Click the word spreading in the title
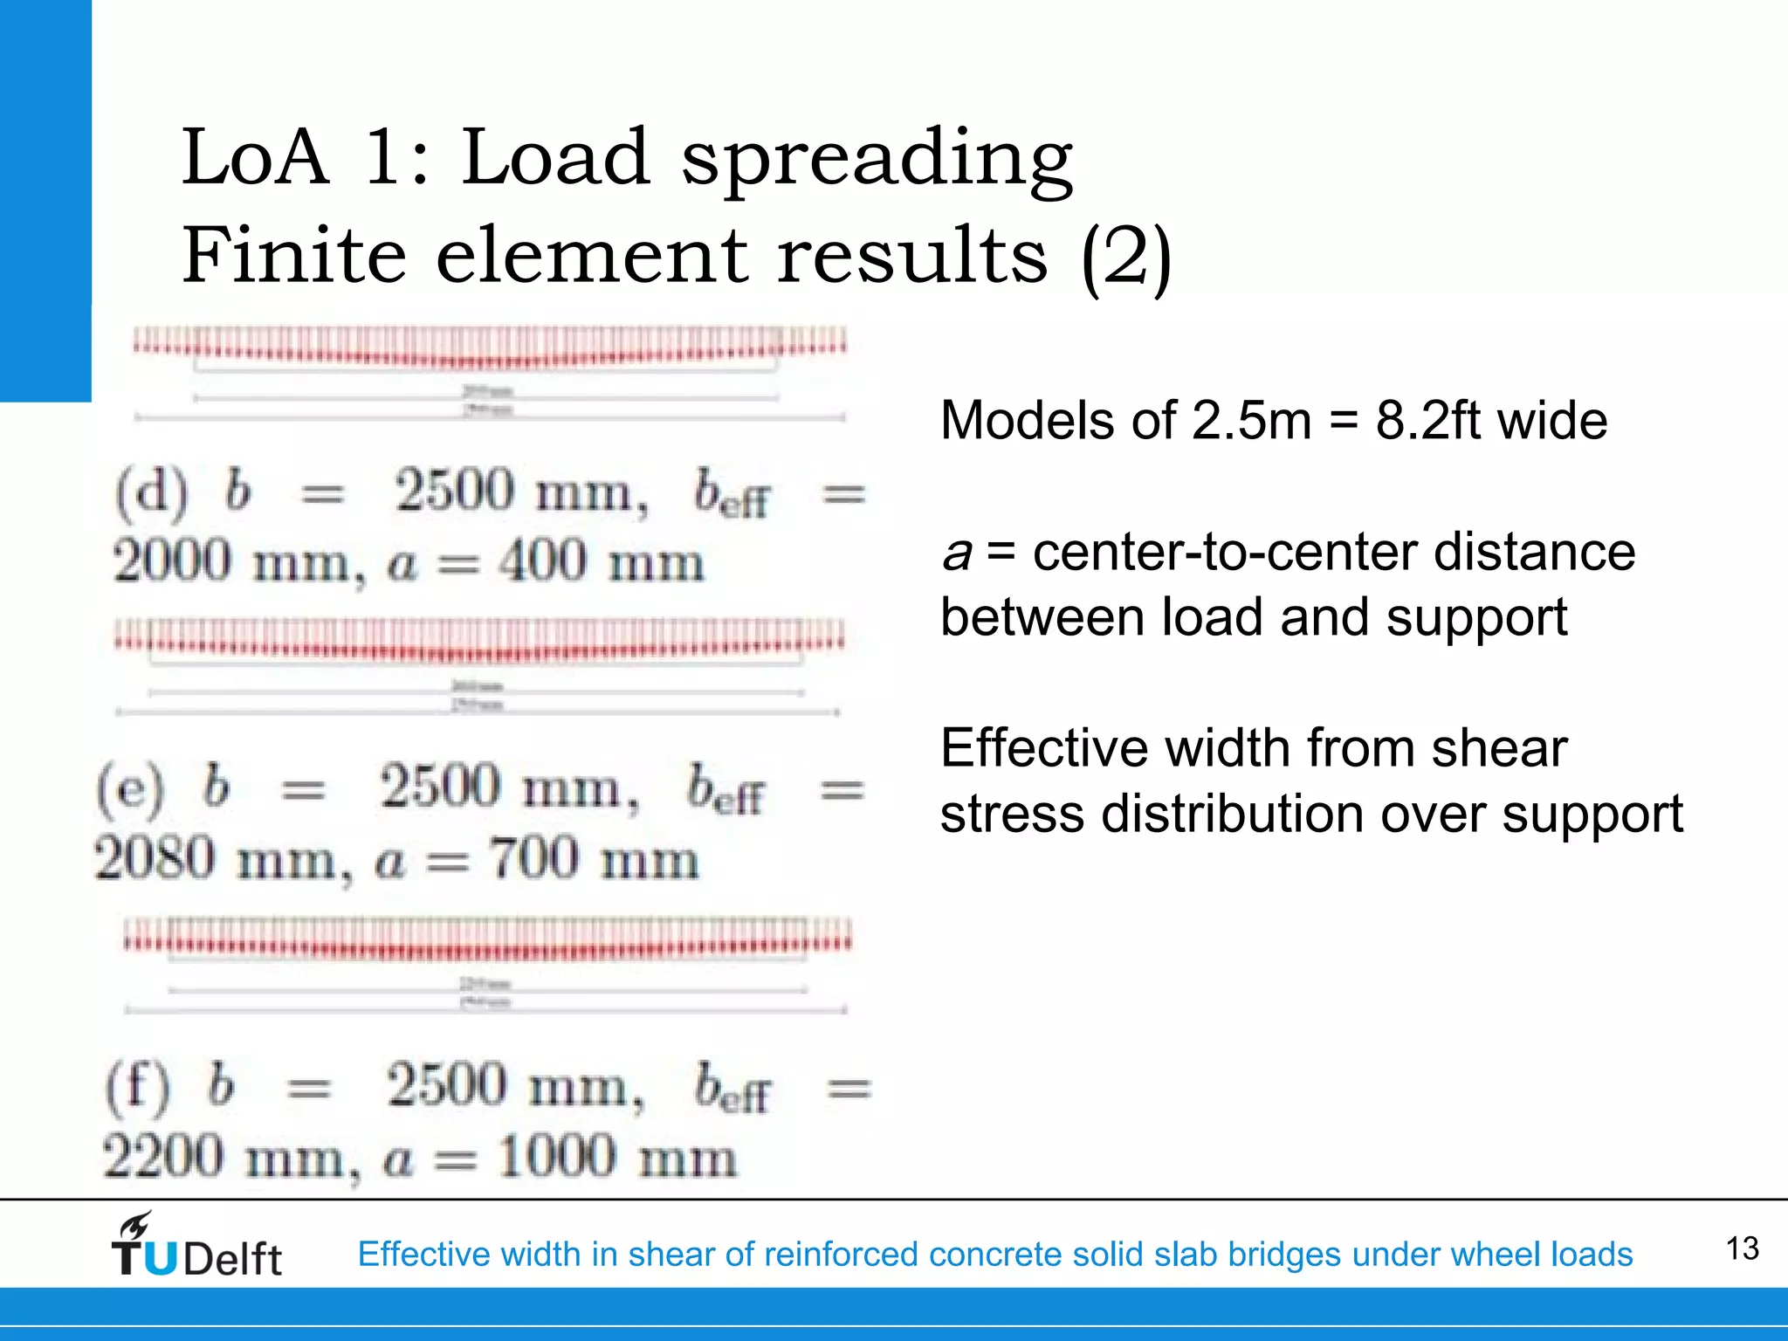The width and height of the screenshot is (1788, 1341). pos(877,162)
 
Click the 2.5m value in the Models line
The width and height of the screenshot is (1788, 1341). pos(1251,421)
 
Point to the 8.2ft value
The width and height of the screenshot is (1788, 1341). pos(1429,421)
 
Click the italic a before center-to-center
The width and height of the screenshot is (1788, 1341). pos(957,554)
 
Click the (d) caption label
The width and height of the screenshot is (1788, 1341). pos(151,492)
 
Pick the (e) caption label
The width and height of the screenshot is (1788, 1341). pos(130,788)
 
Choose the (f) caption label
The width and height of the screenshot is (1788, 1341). pos(138,1088)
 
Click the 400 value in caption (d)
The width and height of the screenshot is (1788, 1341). pos(542,560)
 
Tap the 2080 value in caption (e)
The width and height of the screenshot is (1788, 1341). pos(155,857)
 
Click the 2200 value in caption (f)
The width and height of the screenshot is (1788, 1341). pos(163,1157)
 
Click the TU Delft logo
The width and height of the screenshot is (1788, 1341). pos(196,1247)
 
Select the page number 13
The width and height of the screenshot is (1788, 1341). pos(1742,1248)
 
